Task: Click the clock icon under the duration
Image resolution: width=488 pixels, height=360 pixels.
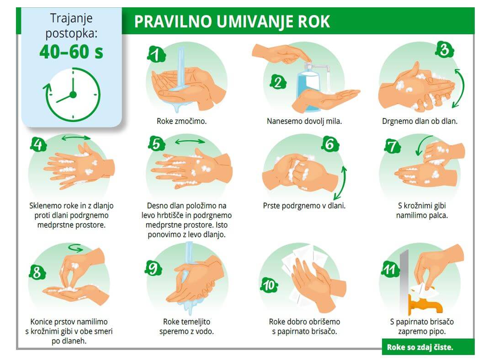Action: coord(72,95)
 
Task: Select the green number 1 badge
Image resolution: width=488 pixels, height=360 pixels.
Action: coord(156,54)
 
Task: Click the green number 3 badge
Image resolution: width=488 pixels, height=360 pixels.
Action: coord(444,49)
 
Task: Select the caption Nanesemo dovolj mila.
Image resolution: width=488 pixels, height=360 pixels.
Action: coord(304,122)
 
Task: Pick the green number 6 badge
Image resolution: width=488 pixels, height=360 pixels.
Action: coord(329,144)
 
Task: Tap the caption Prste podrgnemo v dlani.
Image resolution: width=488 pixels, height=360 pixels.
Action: coord(304,206)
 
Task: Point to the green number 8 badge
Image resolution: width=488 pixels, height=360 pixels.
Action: coord(37,273)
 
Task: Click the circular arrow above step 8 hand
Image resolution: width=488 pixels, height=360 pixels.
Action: coord(75,249)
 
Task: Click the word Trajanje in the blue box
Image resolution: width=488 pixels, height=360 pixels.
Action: coord(71,19)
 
